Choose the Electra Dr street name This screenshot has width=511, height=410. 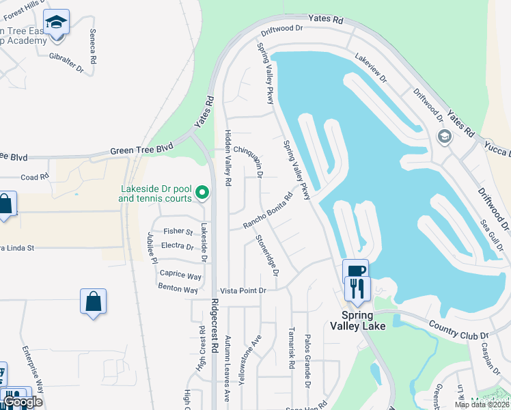point(178,245)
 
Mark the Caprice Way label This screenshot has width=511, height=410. point(180,275)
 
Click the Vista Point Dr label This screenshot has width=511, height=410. point(242,290)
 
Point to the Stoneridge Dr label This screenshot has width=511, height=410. point(267,255)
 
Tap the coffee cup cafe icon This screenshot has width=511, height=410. point(355,269)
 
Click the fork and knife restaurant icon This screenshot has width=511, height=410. point(357,288)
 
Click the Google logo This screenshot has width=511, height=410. point(23,402)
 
